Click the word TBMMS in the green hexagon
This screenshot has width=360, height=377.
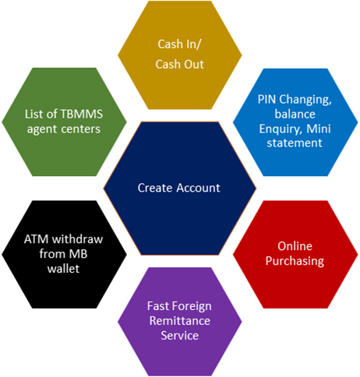(82, 115)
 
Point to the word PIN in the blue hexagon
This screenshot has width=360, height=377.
(267, 100)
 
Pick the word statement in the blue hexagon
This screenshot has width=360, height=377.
(295, 143)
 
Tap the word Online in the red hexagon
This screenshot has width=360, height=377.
(295, 246)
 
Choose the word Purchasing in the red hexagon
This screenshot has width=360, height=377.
(295, 261)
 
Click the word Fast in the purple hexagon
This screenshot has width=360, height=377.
(158, 306)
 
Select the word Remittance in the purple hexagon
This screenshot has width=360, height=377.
(180, 321)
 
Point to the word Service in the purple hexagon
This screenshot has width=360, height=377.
(180, 336)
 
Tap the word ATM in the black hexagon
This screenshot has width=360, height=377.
(36, 239)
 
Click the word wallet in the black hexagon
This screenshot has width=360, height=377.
(63, 269)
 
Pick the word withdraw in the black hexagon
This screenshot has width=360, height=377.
(78, 239)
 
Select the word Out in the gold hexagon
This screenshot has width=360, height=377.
(194, 65)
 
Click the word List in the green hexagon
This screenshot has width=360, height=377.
(34, 115)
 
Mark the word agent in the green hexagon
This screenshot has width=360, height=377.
(42, 129)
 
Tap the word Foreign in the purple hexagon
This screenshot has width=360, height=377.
(192, 307)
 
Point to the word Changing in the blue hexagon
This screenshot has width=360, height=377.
(305, 100)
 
